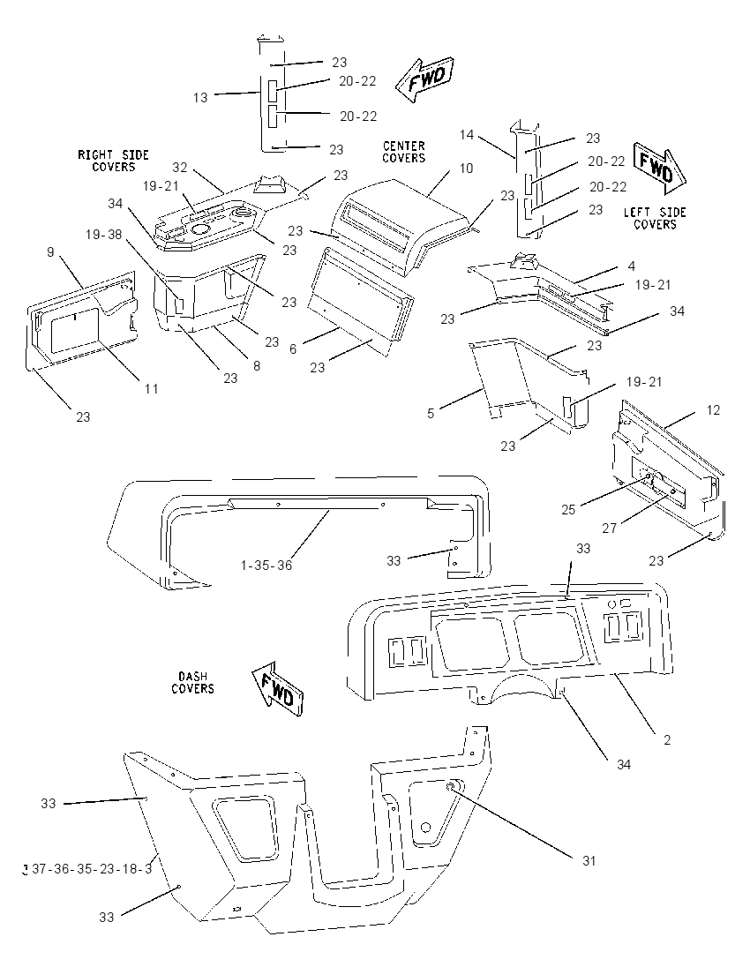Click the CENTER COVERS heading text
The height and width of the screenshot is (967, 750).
(404, 152)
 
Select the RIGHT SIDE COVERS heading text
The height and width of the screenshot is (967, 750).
(114, 161)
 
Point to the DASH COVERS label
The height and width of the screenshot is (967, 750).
(192, 683)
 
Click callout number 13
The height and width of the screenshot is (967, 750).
(200, 97)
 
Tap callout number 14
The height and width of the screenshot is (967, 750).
(467, 134)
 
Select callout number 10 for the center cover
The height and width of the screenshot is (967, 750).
(466, 169)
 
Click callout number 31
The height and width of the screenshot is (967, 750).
(589, 860)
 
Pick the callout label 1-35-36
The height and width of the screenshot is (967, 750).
(266, 565)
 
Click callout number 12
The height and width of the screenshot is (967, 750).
(713, 410)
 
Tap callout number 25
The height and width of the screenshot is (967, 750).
(568, 509)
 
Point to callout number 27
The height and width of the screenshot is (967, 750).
(610, 528)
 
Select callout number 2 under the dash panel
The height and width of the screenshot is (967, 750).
(667, 739)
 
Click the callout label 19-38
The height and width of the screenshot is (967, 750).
(103, 235)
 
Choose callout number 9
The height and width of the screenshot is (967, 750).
(50, 252)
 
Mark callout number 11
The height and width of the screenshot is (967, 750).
(151, 388)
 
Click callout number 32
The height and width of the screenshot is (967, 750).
(179, 167)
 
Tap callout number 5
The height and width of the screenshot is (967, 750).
(431, 413)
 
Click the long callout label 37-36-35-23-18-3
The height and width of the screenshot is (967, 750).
(91, 869)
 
